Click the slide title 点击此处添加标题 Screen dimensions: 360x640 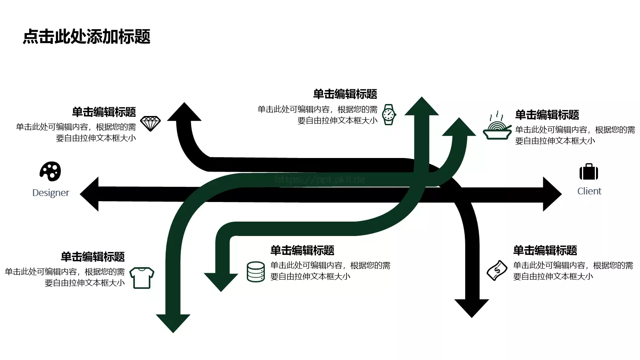point(86,37)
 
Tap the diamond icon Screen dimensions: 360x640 point(150,124)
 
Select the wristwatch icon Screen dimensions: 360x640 point(389,115)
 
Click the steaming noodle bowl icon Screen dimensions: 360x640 point(497,126)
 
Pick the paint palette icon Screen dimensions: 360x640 point(50,172)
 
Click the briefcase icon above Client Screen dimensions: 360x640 point(589,172)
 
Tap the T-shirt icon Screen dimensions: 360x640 point(142,278)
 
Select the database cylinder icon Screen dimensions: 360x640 point(256,272)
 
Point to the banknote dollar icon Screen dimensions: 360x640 point(497,270)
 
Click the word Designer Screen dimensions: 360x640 point(51,193)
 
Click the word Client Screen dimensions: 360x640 point(589,191)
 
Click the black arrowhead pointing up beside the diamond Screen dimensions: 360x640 point(184,112)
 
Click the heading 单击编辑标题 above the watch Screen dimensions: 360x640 point(345,94)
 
